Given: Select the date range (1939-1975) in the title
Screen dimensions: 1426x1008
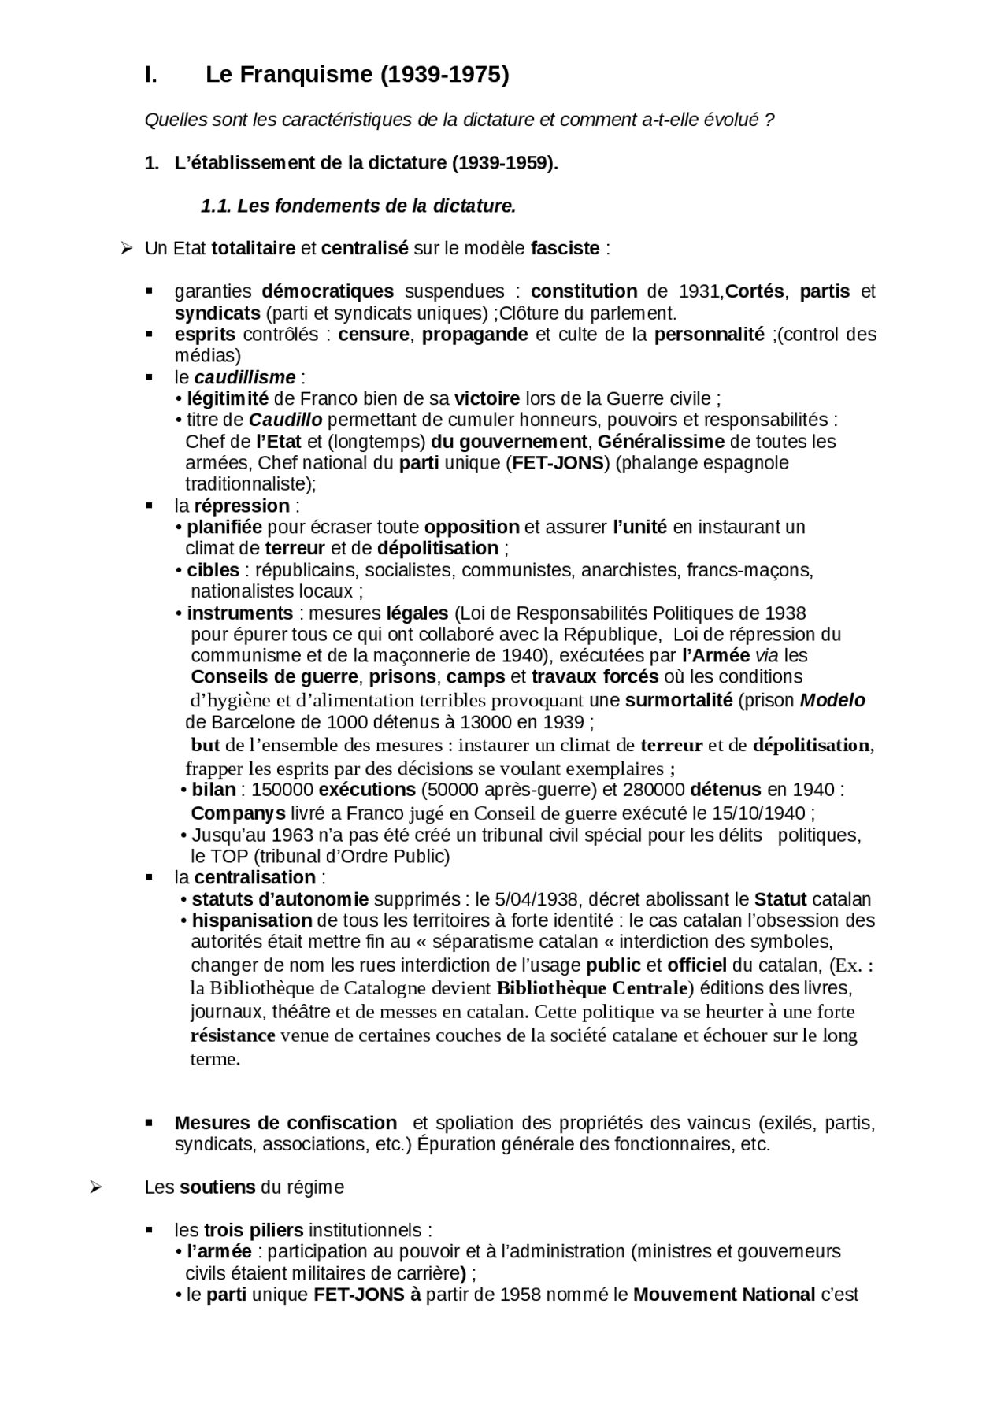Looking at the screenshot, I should click(445, 75).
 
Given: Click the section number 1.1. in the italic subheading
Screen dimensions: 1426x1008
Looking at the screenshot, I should click(216, 206).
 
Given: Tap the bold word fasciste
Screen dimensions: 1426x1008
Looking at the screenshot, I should click(565, 248).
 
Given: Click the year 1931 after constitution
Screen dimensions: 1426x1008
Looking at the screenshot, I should click(699, 291).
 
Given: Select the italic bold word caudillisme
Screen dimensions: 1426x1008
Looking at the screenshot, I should click(245, 377).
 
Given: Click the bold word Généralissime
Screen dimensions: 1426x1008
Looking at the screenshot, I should click(661, 442).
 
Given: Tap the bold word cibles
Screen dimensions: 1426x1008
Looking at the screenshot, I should click(213, 570).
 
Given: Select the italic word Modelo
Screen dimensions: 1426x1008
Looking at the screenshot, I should click(832, 700).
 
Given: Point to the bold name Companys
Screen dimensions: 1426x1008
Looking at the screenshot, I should click(238, 813).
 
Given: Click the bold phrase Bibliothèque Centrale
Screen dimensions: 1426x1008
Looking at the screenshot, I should click(592, 987).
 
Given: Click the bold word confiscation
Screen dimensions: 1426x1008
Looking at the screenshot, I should click(342, 1123).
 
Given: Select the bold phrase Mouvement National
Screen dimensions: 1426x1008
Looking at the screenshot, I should click(724, 1295).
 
